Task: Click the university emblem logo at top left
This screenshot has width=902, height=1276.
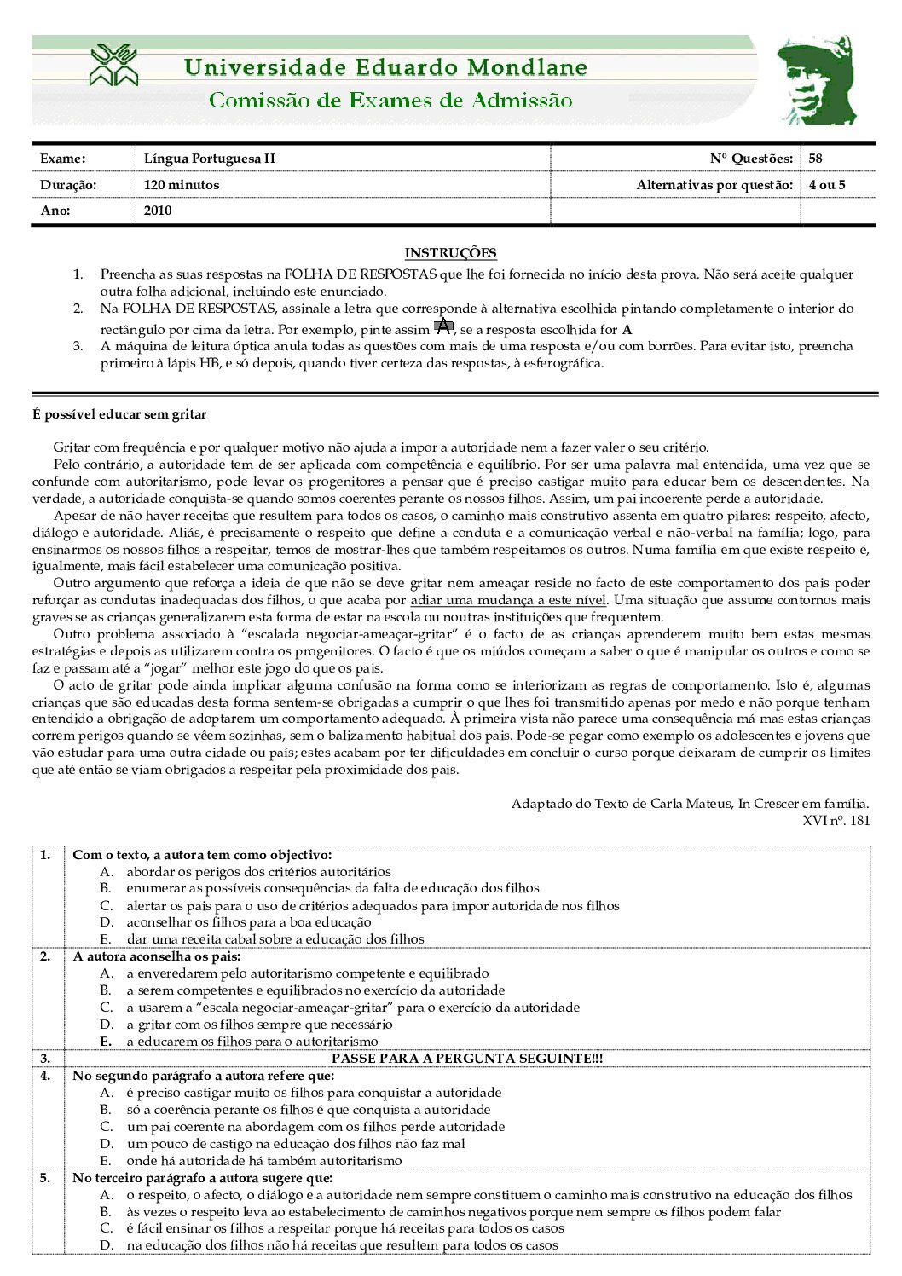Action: [113, 66]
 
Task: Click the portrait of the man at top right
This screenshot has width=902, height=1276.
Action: [817, 81]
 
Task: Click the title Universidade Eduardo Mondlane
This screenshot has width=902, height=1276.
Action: [385, 67]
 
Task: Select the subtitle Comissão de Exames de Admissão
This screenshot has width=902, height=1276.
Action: [390, 101]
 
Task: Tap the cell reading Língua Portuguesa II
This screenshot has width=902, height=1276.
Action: [210, 159]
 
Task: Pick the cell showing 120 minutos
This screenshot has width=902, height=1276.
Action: [182, 185]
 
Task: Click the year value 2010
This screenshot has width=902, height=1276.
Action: [158, 211]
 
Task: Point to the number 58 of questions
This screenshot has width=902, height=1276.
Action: [816, 159]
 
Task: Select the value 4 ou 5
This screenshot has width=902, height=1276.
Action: [827, 185]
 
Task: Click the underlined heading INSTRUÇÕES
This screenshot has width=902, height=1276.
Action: [450, 253]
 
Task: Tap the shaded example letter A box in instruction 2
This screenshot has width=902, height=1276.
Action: [443, 326]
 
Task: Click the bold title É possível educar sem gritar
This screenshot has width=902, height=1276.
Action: [119, 415]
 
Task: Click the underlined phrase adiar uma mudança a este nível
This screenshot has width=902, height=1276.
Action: [508, 600]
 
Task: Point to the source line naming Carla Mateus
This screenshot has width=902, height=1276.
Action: [690, 804]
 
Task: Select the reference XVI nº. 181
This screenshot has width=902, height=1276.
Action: [836, 821]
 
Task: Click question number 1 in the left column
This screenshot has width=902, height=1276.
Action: [45, 855]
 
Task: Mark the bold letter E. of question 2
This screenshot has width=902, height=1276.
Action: [106, 1042]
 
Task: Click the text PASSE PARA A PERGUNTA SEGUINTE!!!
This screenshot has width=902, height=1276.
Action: [467, 1059]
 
